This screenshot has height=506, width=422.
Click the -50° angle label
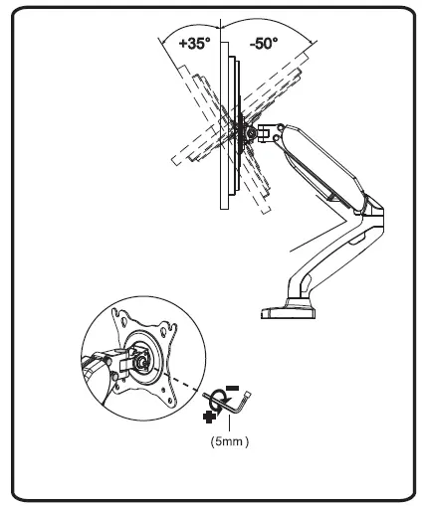point(263,44)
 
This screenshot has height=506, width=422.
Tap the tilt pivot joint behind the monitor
point(245,129)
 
